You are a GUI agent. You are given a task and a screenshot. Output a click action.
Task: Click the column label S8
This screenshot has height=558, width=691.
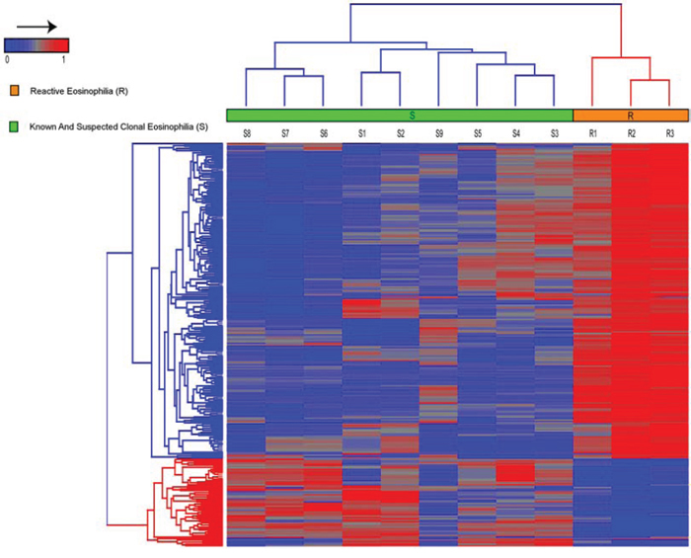pyautogui.click(x=247, y=133)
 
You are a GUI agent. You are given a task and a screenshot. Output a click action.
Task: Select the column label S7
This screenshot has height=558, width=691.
pyautogui.click(x=285, y=133)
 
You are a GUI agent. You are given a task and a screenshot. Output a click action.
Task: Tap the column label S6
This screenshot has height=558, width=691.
pyautogui.click(x=324, y=133)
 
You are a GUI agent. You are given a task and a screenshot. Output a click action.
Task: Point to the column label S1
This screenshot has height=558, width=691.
pyautogui.click(x=362, y=133)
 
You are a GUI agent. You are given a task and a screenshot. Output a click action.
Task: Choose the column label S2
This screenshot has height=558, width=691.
pyautogui.click(x=400, y=133)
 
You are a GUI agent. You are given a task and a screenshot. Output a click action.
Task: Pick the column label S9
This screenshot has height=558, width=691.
pyautogui.click(x=439, y=133)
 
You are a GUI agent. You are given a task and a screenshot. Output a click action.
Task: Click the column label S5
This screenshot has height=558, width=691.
pyautogui.click(x=478, y=133)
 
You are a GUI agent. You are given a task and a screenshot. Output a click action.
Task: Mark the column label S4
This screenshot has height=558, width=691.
pyautogui.click(x=516, y=133)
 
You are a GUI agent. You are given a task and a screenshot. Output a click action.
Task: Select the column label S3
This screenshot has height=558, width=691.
pyautogui.click(x=555, y=133)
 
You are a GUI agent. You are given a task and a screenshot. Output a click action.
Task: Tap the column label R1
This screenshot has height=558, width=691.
pyautogui.click(x=592, y=133)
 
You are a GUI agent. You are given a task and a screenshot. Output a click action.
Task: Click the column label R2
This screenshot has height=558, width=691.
pyautogui.click(x=632, y=133)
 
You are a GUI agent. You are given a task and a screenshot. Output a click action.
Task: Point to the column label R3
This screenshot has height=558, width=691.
pyautogui.click(x=670, y=133)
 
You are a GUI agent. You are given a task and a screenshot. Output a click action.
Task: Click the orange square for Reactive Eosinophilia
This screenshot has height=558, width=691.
pyautogui.click(x=15, y=91)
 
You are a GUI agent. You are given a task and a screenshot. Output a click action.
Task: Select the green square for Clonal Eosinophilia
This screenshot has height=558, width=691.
pyautogui.click(x=14, y=127)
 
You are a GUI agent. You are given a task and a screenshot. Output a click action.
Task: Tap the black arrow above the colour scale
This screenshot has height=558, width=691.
pyautogui.click(x=38, y=28)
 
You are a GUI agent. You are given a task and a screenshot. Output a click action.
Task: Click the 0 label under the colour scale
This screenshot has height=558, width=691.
pyautogui.click(x=7, y=59)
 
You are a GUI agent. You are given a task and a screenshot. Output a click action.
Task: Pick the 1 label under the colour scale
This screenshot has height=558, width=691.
pyautogui.click(x=64, y=59)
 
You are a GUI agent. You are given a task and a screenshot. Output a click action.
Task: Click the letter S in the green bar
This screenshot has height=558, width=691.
pyautogui.click(x=412, y=116)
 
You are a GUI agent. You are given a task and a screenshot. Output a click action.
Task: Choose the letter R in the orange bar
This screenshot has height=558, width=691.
pyautogui.click(x=631, y=116)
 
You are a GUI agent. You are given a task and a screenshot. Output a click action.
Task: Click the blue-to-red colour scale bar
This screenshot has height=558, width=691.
pyautogui.click(x=37, y=45)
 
